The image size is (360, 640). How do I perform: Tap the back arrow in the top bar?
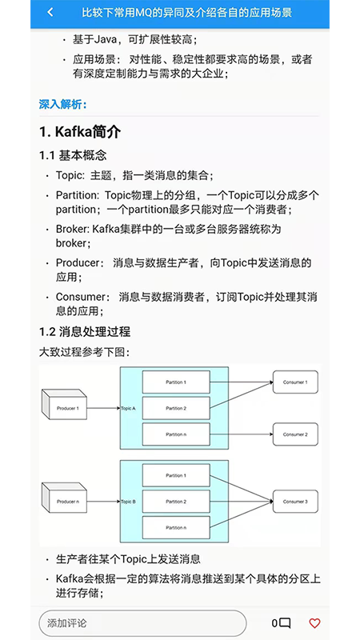point(50,13)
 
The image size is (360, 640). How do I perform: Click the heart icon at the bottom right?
point(314,622)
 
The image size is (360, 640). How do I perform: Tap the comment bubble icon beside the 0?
point(285,623)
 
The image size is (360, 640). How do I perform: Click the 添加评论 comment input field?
point(142,623)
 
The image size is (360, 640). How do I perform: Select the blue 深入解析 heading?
point(63,104)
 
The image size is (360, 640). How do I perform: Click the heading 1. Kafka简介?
point(80,131)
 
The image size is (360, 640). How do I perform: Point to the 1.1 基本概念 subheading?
point(73,155)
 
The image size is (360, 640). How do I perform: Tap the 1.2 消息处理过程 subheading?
point(85,331)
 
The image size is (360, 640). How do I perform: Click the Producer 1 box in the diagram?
point(68,409)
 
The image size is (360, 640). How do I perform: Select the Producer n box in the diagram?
point(68,502)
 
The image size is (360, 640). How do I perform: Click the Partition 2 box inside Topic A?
point(176,409)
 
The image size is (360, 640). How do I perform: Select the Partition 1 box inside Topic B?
point(176,476)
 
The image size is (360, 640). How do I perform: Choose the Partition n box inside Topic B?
point(176,527)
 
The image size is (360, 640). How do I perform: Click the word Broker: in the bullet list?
point(72,229)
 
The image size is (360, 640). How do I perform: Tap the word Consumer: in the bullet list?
point(81,297)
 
